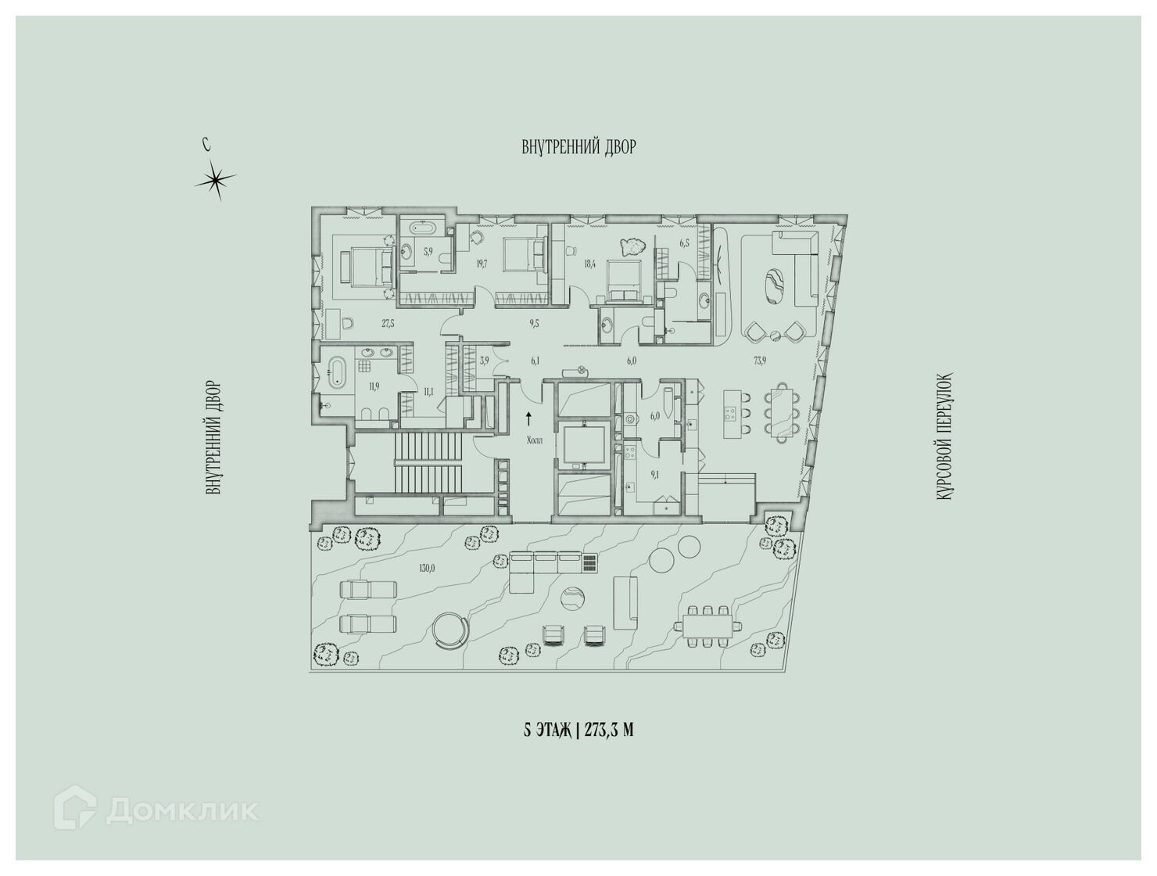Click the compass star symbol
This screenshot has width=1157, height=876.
point(214,180)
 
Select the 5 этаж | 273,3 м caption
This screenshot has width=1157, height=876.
point(578,731)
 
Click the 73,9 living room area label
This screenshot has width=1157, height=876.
point(760,361)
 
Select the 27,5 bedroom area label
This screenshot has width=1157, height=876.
point(388,324)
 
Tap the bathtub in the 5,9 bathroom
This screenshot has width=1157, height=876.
point(422,229)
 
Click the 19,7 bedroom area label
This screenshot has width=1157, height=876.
point(480,264)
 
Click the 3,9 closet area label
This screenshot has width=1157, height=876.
point(484,361)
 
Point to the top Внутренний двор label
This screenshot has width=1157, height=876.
point(578,147)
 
